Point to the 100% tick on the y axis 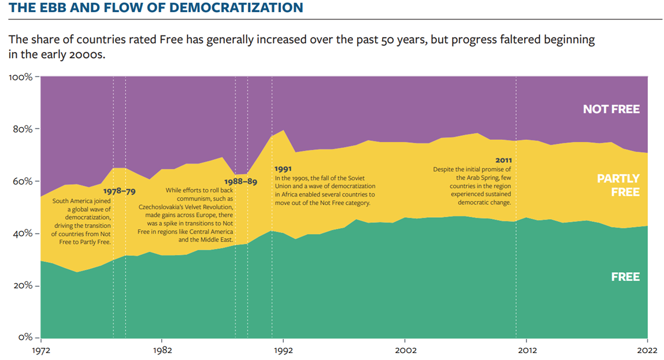click(22, 77)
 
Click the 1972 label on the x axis click(40, 350)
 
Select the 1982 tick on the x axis click(162, 350)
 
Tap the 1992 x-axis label click(283, 350)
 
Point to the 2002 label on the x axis click(405, 350)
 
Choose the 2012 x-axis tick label click(526, 350)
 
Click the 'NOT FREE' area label click(611, 109)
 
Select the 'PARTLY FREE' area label click(618, 185)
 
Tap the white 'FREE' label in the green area click(625, 277)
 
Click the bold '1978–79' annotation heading click(120, 191)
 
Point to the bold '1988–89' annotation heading click(240, 181)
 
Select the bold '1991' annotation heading click(284, 169)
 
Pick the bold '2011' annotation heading click(503, 160)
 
